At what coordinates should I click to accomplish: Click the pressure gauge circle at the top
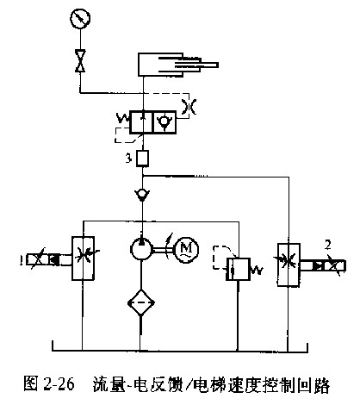point(80,18)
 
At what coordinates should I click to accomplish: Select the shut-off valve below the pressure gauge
point(80,61)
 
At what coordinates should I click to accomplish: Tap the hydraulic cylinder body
point(161,65)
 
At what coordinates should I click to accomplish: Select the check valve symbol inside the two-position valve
point(164,122)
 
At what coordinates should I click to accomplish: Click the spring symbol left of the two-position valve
point(123,119)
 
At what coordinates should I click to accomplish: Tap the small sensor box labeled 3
point(142,159)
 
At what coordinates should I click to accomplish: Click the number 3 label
point(128,159)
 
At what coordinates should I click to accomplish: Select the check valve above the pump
point(142,195)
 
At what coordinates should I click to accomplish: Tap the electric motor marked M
point(187,248)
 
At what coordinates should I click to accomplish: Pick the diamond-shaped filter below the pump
point(141,302)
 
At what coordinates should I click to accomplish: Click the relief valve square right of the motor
point(238,269)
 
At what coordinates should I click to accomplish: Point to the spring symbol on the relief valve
point(258,270)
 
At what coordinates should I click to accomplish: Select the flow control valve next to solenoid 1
point(83,258)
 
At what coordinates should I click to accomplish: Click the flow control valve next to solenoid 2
point(289,265)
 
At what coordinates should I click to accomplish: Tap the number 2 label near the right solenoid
point(327,245)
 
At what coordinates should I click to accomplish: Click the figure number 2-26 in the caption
point(59,383)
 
